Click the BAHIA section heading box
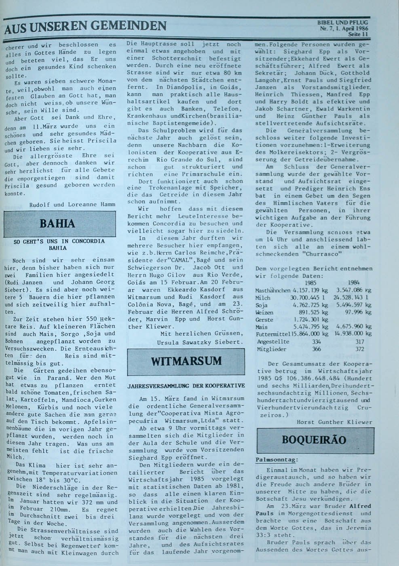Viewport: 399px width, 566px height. [x=63, y=224]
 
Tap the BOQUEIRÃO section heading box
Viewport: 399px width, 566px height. [x=314, y=440]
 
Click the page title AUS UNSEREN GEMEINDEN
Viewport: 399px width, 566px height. [x=86, y=27]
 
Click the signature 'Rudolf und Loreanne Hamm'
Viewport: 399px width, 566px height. [x=72, y=204]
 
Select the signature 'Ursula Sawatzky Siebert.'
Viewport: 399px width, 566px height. [x=201, y=342]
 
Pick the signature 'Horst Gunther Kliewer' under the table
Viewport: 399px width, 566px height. [x=334, y=422]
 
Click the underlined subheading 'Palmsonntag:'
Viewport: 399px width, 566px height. [x=277, y=460]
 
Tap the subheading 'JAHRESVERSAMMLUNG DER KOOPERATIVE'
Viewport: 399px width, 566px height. [x=186, y=386]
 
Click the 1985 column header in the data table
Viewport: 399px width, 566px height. [x=310, y=283]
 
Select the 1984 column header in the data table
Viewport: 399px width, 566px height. [x=353, y=283]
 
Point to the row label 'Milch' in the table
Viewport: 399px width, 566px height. [x=263, y=298]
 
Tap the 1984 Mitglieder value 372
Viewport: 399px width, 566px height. [x=359, y=349]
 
